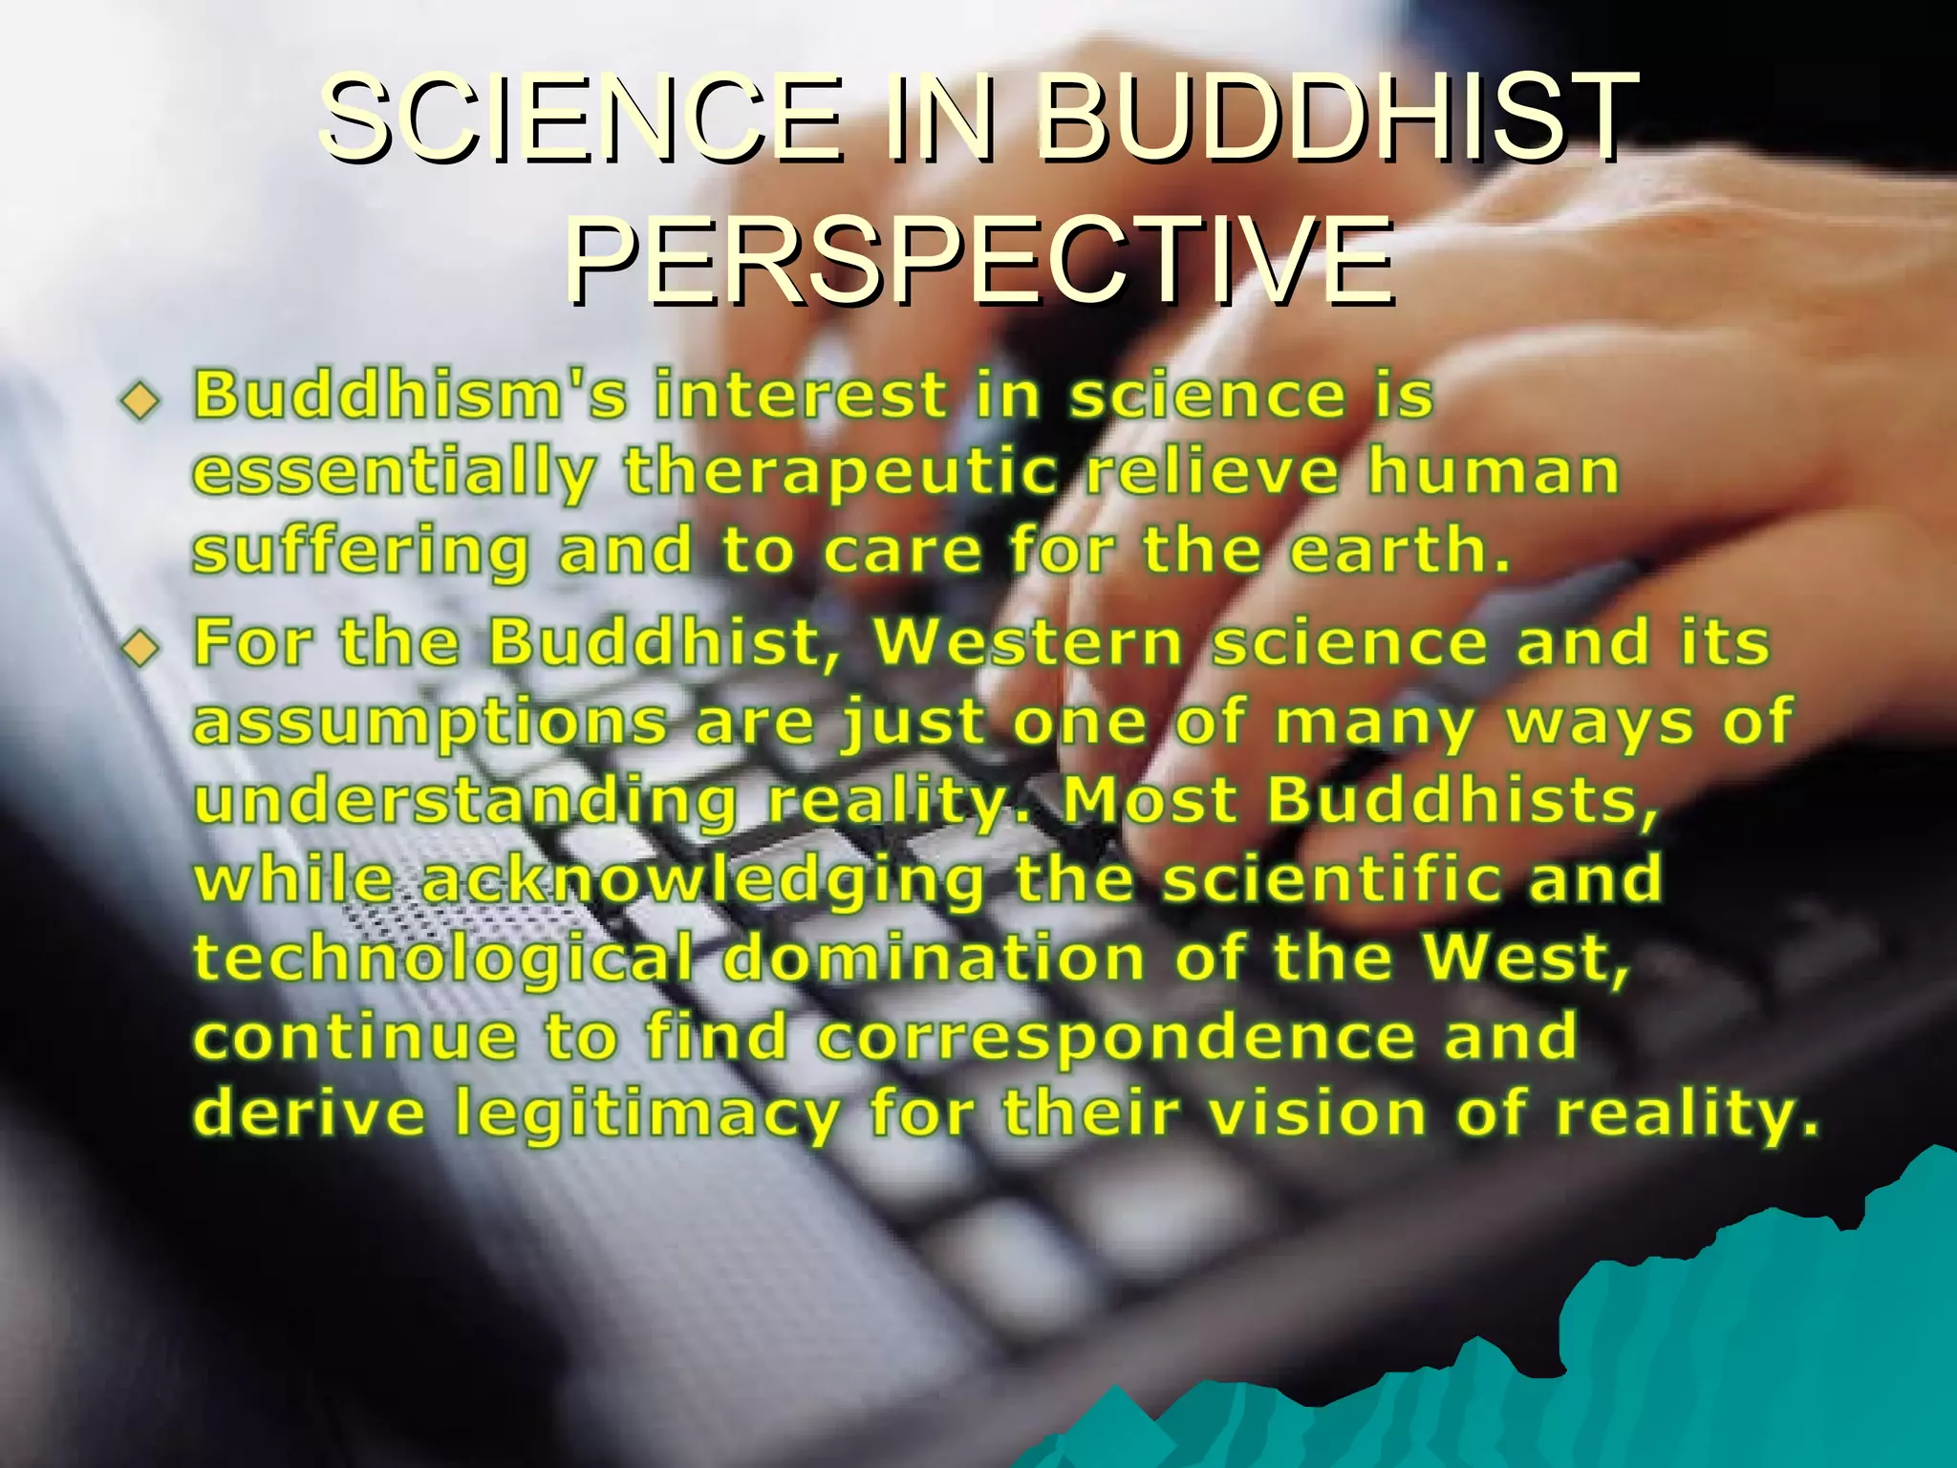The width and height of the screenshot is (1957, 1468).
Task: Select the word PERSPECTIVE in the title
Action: click(979, 261)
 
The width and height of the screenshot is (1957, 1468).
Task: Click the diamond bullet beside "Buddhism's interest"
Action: click(140, 400)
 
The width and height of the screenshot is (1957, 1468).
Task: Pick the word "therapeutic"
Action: click(841, 473)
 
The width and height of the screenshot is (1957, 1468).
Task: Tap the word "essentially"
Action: click(395, 473)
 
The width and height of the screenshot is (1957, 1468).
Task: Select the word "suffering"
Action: click(360, 552)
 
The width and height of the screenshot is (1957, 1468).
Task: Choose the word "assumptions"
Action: click(430, 723)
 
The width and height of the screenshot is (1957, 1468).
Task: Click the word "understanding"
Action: click(465, 801)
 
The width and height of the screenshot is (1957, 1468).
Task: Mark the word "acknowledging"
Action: click(702, 880)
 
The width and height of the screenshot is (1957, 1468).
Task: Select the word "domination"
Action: click(934, 957)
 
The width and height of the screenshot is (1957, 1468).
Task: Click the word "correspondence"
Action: click(1115, 1037)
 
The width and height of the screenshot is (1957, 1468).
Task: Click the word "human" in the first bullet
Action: click(1494, 473)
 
